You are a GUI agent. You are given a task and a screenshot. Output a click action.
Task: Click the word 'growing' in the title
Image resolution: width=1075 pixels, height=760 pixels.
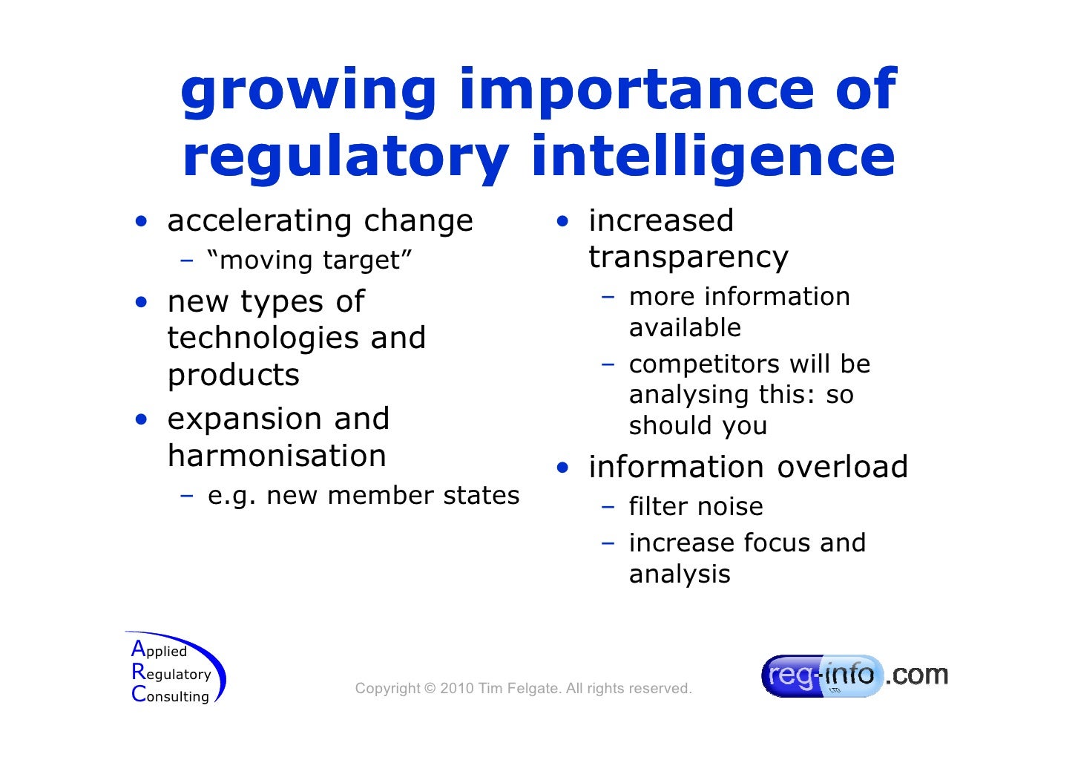point(308,91)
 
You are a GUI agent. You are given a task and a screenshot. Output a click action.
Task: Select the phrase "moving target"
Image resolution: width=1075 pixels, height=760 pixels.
point(309,261)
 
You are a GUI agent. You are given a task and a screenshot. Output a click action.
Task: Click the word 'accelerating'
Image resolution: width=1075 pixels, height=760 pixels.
point(257,220)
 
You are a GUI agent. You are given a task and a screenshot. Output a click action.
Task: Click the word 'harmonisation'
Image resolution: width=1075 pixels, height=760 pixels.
point(277,456)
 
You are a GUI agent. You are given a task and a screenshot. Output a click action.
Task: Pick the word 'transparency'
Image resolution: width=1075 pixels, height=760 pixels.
point(688,258)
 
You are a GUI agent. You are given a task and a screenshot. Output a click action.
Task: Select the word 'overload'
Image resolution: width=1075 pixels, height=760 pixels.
point(842,467)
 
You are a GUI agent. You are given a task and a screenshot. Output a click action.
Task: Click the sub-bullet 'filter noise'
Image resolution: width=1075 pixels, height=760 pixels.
point(695,507)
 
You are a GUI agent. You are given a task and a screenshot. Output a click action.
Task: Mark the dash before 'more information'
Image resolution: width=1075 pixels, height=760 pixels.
point(608,297)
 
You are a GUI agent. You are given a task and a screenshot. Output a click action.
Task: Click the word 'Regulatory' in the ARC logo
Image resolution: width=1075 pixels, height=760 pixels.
point(172,674)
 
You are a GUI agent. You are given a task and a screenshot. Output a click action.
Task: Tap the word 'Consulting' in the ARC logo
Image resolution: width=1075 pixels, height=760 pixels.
point(171,696)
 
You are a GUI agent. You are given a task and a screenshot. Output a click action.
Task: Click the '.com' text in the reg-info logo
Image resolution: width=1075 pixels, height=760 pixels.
point(918,675)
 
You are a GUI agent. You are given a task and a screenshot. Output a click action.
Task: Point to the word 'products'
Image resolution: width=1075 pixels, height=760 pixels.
point(233,376)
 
